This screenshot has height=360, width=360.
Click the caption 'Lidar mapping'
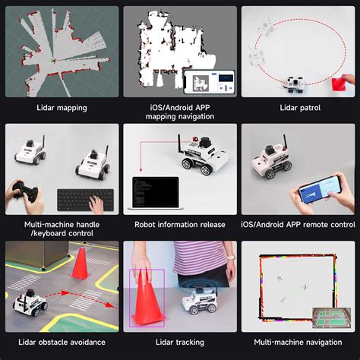[62, 108]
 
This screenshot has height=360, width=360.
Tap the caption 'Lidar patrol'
[298, 108]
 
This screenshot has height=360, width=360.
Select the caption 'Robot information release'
[180, 224]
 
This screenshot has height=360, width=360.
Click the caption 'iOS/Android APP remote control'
[298, 224]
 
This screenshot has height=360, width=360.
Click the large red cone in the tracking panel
[147, 297]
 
